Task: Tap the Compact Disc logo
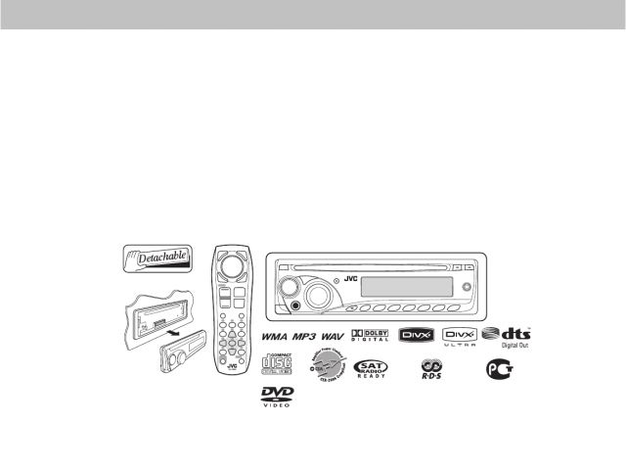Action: pyautogui.click(x=278, y=366)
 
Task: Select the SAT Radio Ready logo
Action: pyautogui.click(x=370, y=369)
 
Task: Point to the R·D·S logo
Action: pyautogui.click(x=430, y=370)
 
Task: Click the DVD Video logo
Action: pyautogui.click(x=277, y=398)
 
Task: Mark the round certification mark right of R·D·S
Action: pyautogui.click(x=498, y=369)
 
